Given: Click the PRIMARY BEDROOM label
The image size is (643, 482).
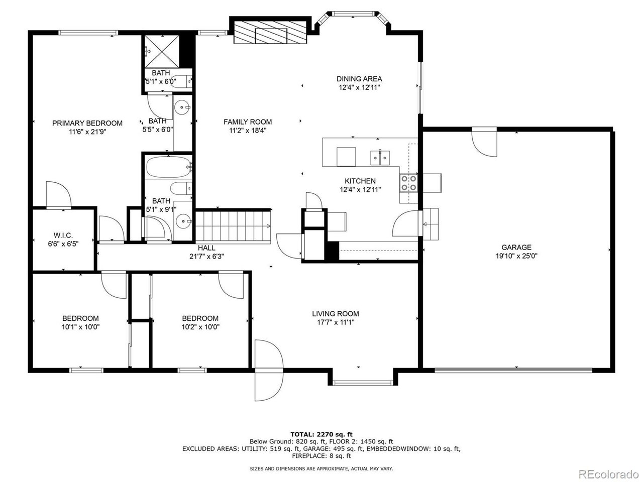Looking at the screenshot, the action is tap(87, 123).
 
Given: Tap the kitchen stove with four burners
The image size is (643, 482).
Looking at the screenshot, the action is tap(408, 183).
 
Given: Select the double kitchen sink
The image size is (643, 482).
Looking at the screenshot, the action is tap(380, 158).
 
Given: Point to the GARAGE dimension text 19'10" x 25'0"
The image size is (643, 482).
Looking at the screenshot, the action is tap(516, 256).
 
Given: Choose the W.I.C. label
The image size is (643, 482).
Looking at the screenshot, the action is tap(63, 235).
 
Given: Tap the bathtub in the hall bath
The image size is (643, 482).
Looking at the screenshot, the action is tap(168, 167).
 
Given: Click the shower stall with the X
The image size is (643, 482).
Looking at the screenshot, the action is tap(161, 52).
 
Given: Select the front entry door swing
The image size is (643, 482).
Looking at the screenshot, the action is tap(269, 370).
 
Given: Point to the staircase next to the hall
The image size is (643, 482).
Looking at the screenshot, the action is tap(233, 226).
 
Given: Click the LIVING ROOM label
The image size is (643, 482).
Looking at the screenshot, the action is tap(336, 314).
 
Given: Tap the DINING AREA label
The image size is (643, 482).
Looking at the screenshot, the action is tap(359, 79).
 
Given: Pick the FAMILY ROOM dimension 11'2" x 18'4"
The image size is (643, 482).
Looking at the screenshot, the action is tap(248, 131).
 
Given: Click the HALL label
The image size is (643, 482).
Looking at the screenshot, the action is tap(206, 248).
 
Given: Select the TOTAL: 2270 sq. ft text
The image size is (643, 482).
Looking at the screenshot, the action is tap(321, 434).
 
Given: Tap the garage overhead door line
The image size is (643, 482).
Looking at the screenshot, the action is tap(513, 370).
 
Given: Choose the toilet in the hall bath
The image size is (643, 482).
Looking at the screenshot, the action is tap(181, 188).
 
